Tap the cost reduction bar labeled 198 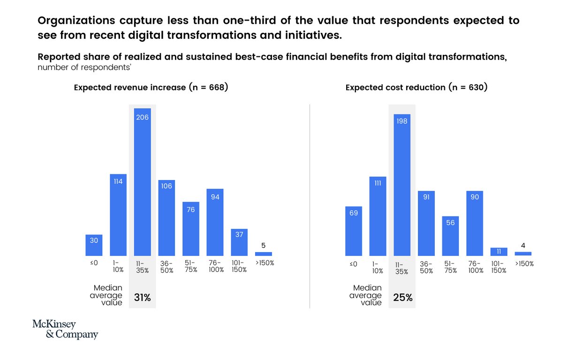point(402,185)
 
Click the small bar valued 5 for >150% point(263,254)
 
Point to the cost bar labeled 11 point(499,252)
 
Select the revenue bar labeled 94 point(215,222)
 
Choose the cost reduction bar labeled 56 point(450,236)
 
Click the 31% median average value point(143,297)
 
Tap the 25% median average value point(402,297)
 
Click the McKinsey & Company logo point(65,330)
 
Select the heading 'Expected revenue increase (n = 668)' point(151,88)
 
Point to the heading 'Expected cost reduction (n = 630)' point(417,88)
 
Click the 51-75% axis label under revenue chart point(191,266)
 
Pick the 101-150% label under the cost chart point(499,267)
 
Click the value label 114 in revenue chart point(118,181)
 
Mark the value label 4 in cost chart point(523,245)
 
